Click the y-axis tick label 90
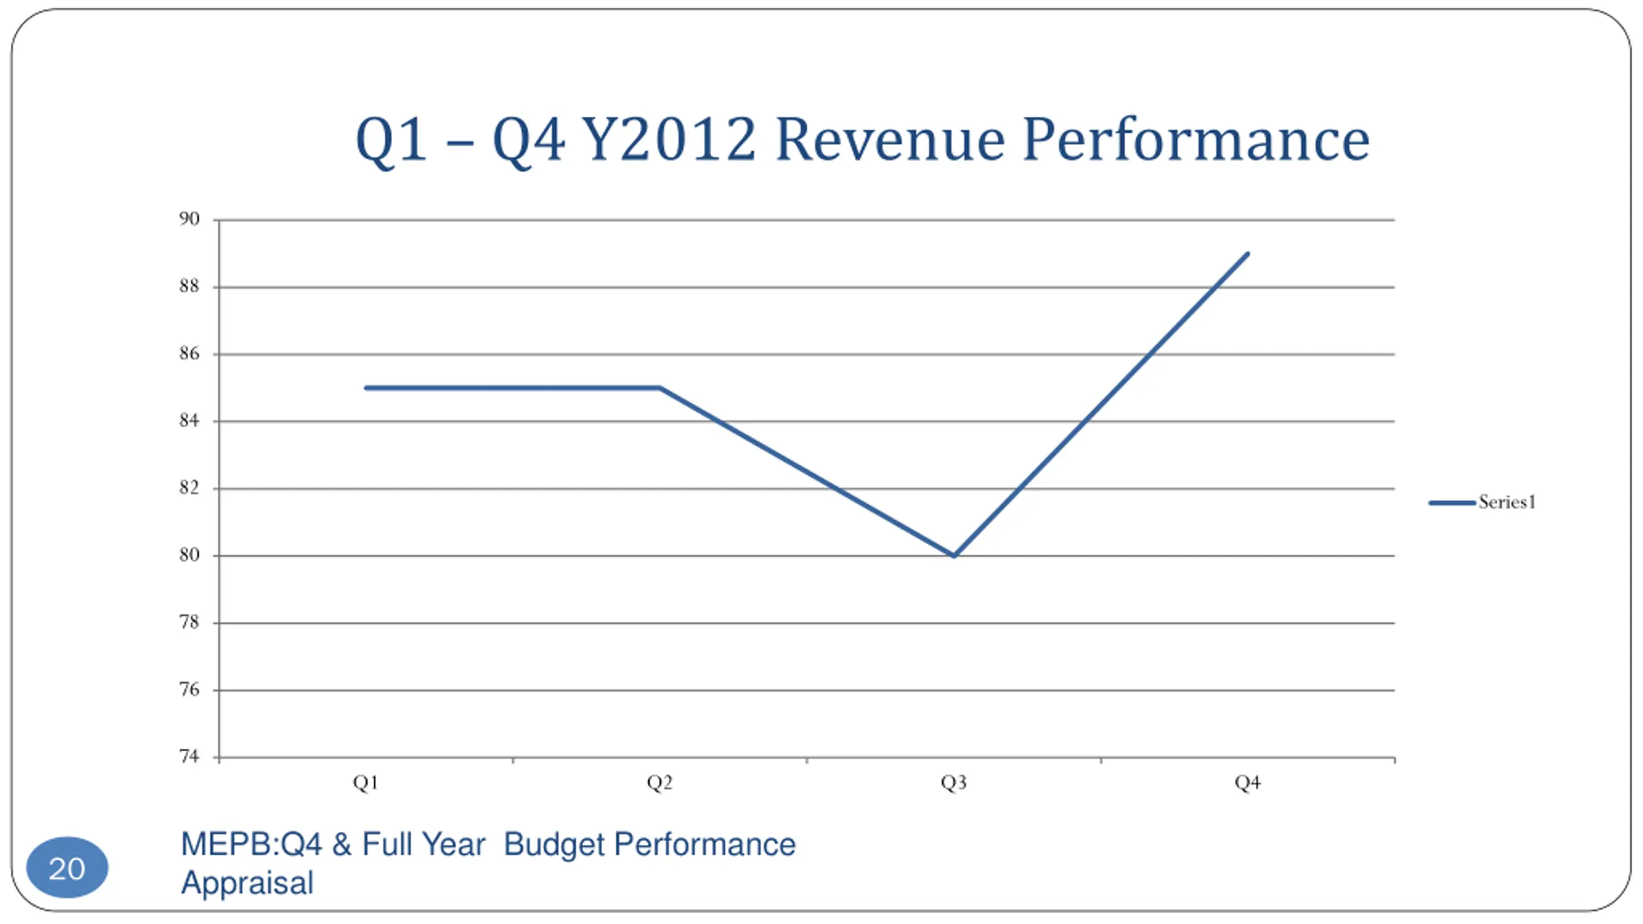189,219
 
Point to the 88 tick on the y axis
189,286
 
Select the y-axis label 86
189,354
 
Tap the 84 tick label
189,421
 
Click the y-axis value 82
189,488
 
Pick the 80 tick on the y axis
189,555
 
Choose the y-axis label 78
189,622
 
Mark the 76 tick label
189,690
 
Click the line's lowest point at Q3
954,556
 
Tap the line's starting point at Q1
366,388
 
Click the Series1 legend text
1507,502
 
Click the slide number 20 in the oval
67,869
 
